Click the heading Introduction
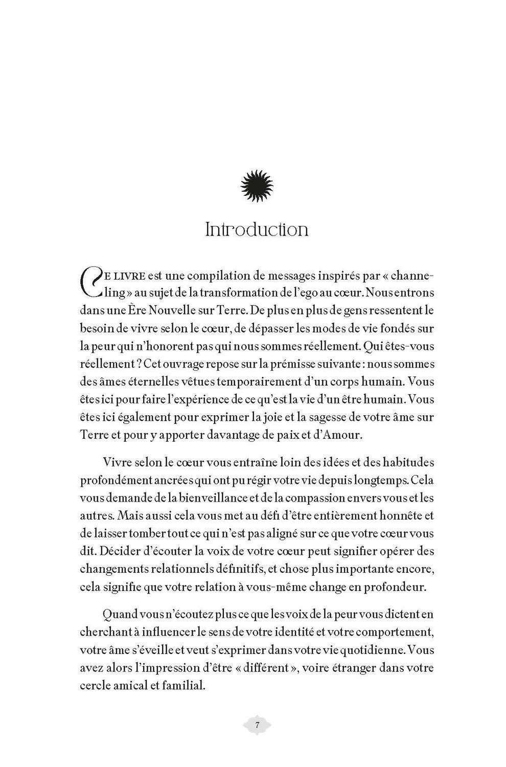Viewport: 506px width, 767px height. coord(257,230)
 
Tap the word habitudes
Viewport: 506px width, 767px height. coord(401,462)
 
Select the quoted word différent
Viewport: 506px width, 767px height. coord(262,667)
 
